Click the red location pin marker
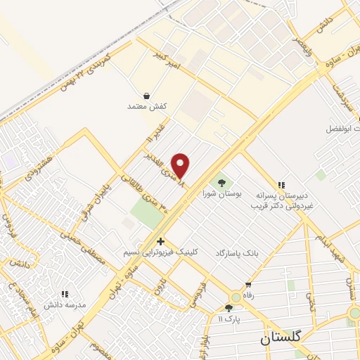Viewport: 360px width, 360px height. point(181,165)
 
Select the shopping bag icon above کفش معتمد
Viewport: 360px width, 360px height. point(146,95)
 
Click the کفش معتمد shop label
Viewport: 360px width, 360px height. point(145,106)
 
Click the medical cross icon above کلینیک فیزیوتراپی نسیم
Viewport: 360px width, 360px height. point(161,241)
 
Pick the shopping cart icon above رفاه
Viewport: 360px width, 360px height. point(247,285)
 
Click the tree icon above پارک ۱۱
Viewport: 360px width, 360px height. point(229,307)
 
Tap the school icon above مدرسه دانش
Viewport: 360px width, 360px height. point(64,294)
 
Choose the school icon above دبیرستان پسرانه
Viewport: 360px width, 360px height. point(282,186)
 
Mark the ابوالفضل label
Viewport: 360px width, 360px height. point(343,129)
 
